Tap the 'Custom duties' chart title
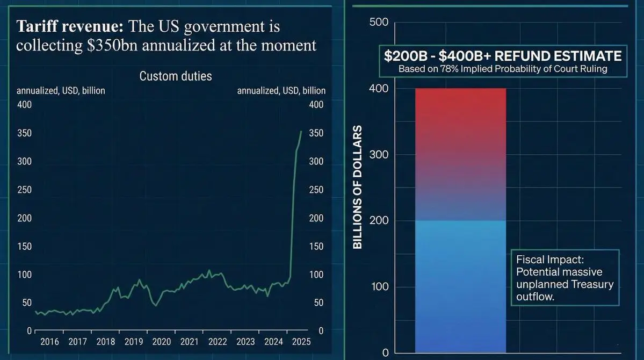176,76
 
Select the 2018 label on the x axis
106,341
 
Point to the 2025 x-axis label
301,341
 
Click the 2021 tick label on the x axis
190,341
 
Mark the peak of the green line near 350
301,132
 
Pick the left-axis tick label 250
25,190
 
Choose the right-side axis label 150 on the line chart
317,247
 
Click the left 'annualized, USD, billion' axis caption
61,91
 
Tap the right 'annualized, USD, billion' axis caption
281,91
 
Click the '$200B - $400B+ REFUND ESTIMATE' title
503,56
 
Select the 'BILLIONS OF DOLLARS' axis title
357,188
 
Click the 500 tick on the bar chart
379,22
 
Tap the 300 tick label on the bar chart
379,155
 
